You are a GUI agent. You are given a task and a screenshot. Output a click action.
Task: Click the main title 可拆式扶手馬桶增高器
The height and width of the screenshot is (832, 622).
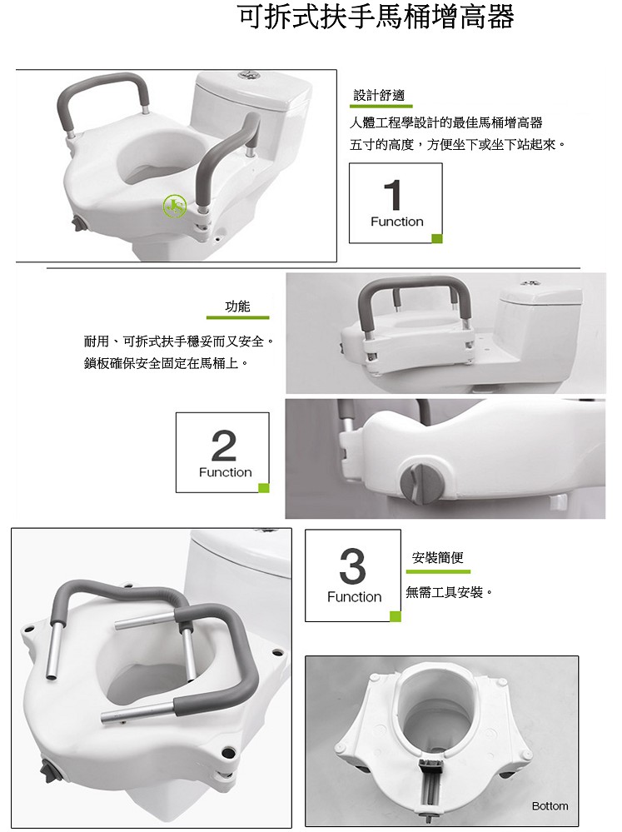point(376,17)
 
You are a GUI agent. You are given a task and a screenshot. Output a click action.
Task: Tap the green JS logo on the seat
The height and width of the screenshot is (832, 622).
point(175,207)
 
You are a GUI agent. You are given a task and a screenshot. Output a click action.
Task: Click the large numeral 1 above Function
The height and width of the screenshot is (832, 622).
point(393,195)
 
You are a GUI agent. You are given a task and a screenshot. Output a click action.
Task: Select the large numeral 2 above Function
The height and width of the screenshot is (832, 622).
point(223,446)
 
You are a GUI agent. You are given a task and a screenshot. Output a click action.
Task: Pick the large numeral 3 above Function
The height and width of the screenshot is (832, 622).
point(352,566)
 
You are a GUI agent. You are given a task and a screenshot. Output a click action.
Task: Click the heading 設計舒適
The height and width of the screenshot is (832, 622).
point(379,96)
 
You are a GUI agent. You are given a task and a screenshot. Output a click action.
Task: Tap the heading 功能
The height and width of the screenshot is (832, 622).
point(237,306)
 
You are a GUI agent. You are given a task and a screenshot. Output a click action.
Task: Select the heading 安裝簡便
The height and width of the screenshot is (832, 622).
point(438,557)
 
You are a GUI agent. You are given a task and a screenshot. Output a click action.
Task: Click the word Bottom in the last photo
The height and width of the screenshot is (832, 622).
point(550,806)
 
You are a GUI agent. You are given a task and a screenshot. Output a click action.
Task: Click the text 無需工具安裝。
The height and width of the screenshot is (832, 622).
point(450,592)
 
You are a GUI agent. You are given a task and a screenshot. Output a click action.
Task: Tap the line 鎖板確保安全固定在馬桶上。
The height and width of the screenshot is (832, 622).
point(166,363)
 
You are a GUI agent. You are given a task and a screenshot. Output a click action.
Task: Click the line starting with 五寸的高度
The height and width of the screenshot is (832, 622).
point(457,144)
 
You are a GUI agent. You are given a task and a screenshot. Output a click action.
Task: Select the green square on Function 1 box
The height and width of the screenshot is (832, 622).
point(437,238)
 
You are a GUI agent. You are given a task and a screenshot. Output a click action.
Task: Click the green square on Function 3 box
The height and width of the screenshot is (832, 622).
point(396,616)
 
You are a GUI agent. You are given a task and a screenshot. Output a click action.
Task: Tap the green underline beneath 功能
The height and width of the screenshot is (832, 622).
point(238,318)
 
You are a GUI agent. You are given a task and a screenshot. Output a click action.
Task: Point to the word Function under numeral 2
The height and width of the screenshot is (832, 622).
point(226,472)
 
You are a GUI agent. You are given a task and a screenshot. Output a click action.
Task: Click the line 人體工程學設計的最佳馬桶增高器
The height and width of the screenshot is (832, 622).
point(446,123)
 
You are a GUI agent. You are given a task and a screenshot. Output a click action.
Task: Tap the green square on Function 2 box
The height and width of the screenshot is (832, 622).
point(264,488)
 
